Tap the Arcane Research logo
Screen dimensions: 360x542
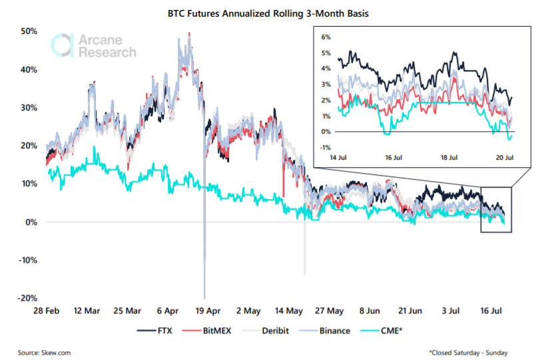point(93,45)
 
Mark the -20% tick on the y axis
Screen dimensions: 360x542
point(27,298)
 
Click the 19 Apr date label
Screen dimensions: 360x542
point(208,311)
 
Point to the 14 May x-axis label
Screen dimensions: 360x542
point(289,311)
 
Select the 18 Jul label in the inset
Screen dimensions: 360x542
point(449,158)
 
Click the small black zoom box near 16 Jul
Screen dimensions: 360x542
point(496,209)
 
